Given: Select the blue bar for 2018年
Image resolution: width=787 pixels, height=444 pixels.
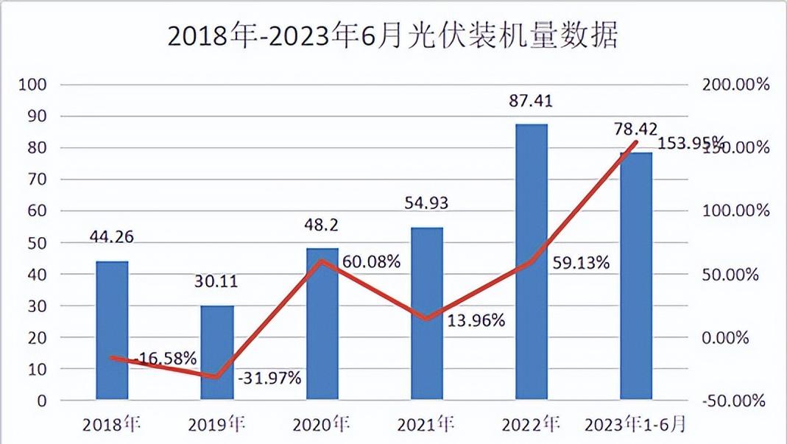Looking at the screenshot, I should (x=112, y=331).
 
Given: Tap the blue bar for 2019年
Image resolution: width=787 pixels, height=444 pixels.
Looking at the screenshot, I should (x=217, y=353).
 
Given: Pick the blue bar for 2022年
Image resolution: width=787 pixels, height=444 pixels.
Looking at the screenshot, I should (x=532, y=262).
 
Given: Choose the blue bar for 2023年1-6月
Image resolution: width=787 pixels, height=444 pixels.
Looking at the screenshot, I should (x=636, y=276).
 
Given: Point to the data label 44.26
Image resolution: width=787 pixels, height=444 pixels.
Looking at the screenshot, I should (x=112, y=237).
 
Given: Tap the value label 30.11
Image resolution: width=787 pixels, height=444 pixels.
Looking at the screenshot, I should (x=217, y=281).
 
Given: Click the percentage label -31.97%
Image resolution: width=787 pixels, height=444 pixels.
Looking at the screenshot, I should (x=269, y=378).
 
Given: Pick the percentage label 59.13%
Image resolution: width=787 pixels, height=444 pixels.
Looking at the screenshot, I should (x=579, y=262).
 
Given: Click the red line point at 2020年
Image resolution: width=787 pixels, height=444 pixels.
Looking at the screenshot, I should (x=322, y=261).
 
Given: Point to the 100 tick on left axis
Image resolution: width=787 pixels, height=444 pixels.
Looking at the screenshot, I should (x=34, y=85).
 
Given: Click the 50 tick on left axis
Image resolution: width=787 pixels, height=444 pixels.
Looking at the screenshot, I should (x=38, y=243).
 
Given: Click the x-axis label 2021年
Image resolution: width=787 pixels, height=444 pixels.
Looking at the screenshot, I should (x=426, y=425).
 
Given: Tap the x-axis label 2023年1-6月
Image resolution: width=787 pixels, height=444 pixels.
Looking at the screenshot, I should (x=636, y=425).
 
